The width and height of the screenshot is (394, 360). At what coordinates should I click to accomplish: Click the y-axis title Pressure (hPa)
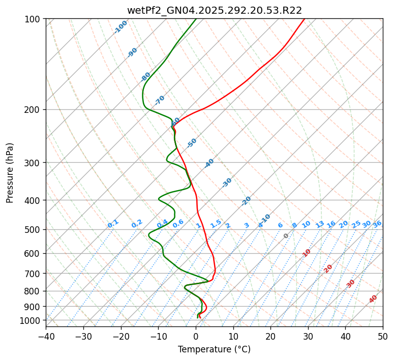10,173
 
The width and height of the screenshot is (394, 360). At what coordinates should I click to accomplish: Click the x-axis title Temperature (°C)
214,349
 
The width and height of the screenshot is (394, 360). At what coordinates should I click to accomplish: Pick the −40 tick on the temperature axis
46,336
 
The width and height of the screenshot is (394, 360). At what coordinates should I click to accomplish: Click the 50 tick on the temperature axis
383,336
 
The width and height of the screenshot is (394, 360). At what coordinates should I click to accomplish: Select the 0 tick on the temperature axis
196,336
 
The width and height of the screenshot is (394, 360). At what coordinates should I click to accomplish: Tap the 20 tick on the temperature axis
270,336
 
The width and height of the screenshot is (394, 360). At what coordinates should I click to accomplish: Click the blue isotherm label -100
121,27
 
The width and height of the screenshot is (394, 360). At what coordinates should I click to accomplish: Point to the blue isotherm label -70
160,100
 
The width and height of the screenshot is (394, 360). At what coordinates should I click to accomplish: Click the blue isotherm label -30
227,183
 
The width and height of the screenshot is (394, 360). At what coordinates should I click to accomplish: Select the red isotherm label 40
373,299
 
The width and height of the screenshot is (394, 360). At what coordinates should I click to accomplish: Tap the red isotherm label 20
328,268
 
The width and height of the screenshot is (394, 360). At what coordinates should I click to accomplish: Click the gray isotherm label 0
286,236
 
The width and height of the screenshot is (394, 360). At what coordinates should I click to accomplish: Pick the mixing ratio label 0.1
113,223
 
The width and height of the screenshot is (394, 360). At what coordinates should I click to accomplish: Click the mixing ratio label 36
377,224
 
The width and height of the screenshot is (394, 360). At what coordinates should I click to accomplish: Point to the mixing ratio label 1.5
216,223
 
